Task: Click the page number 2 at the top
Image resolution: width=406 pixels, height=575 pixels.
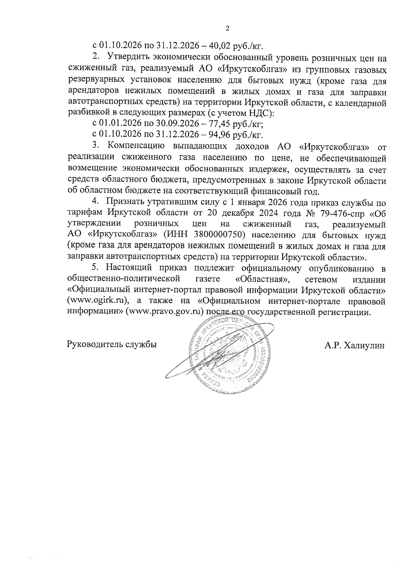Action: click(227, 28)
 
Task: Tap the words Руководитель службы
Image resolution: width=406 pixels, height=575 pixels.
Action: click(112, 345)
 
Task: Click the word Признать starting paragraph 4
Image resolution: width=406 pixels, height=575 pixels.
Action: click(125, 202)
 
